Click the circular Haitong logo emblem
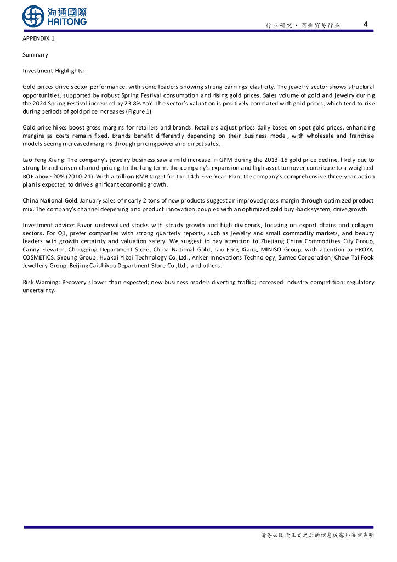tap(33, 16)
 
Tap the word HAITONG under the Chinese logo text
tap(67, 21)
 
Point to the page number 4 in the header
tap(366, 24)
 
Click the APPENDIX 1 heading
tap(38, 38)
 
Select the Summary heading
tap(35, 55)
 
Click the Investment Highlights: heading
tap(54, 71)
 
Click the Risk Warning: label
tap(41, 282)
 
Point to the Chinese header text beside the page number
tap(303, 25)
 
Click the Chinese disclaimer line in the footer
tap(316, 536)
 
